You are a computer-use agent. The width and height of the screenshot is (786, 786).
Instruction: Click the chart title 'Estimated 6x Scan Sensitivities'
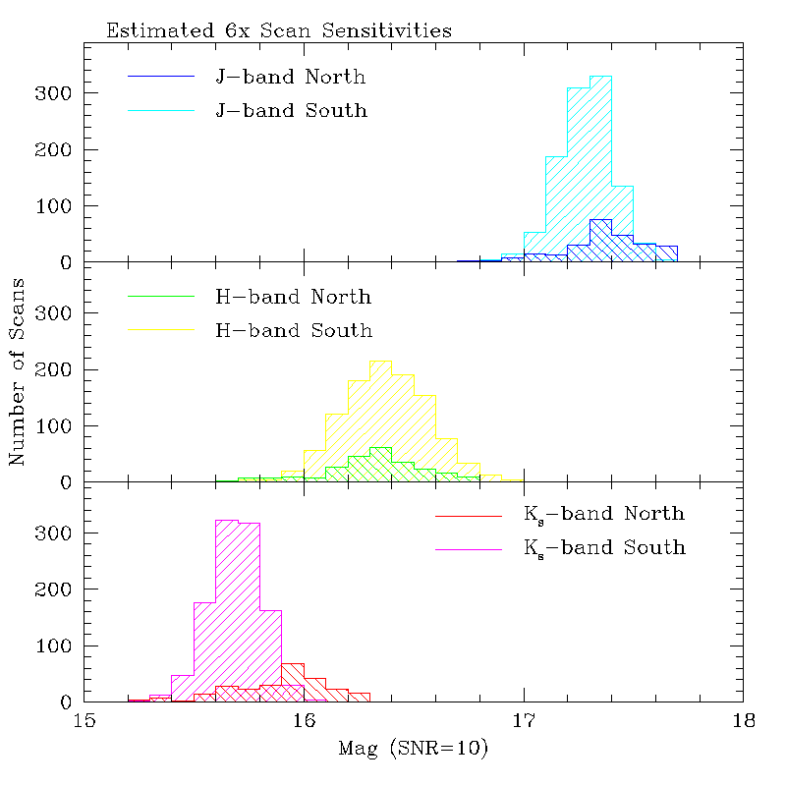pos(279,30)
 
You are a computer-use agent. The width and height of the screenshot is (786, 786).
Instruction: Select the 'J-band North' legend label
pos(291,76)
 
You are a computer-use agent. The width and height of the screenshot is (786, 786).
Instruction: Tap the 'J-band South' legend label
pos(291,110)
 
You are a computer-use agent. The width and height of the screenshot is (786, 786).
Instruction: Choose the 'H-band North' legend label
pos(293,296)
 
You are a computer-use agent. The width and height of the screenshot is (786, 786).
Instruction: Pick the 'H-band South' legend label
pos(294,330)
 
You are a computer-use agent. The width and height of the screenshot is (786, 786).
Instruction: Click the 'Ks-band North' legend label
pos(604,514)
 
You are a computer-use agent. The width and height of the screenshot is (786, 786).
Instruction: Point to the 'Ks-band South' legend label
pos(604,548)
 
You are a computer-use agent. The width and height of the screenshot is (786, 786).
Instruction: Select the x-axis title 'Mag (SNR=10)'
pos(414,750)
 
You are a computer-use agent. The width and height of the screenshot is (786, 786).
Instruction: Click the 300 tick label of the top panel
pos(58,93)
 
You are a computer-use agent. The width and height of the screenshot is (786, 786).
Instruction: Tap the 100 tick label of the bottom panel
pos(58,646)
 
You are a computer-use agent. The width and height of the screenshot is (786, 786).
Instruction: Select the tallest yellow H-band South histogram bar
pos(380,421)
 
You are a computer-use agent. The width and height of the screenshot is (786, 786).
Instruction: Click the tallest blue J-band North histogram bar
pos(600,241)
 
